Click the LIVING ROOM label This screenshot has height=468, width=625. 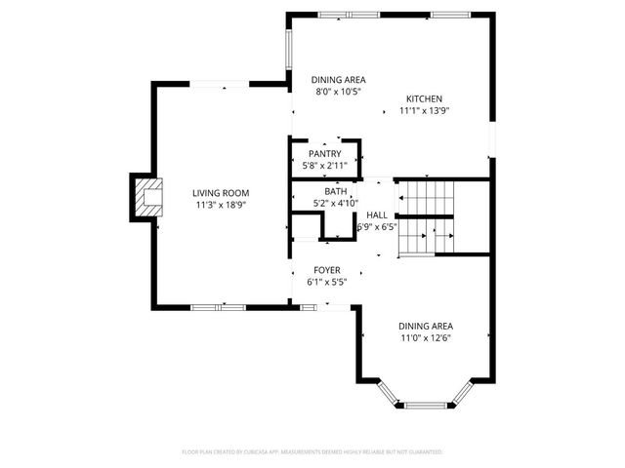point(222,193)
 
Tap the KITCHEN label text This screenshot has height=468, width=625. point(425,98)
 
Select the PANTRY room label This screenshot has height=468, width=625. point(324,154)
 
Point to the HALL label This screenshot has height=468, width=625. point(377,214)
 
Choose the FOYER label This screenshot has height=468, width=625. point(326,270)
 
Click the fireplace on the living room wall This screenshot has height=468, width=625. point(146,198)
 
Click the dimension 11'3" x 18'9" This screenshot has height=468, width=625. point(222,206)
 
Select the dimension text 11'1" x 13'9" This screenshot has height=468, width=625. point(425,111)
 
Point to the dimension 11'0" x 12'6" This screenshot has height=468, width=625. point(425,338)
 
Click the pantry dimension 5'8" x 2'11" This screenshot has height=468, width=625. point(324,166)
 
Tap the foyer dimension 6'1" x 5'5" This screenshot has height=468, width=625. point(326,282)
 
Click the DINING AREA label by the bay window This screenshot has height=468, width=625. point(425,326)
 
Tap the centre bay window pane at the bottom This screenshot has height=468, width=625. point(425,404)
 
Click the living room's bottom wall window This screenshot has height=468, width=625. point(218,307)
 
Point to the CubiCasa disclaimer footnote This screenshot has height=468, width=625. point(312,452)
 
